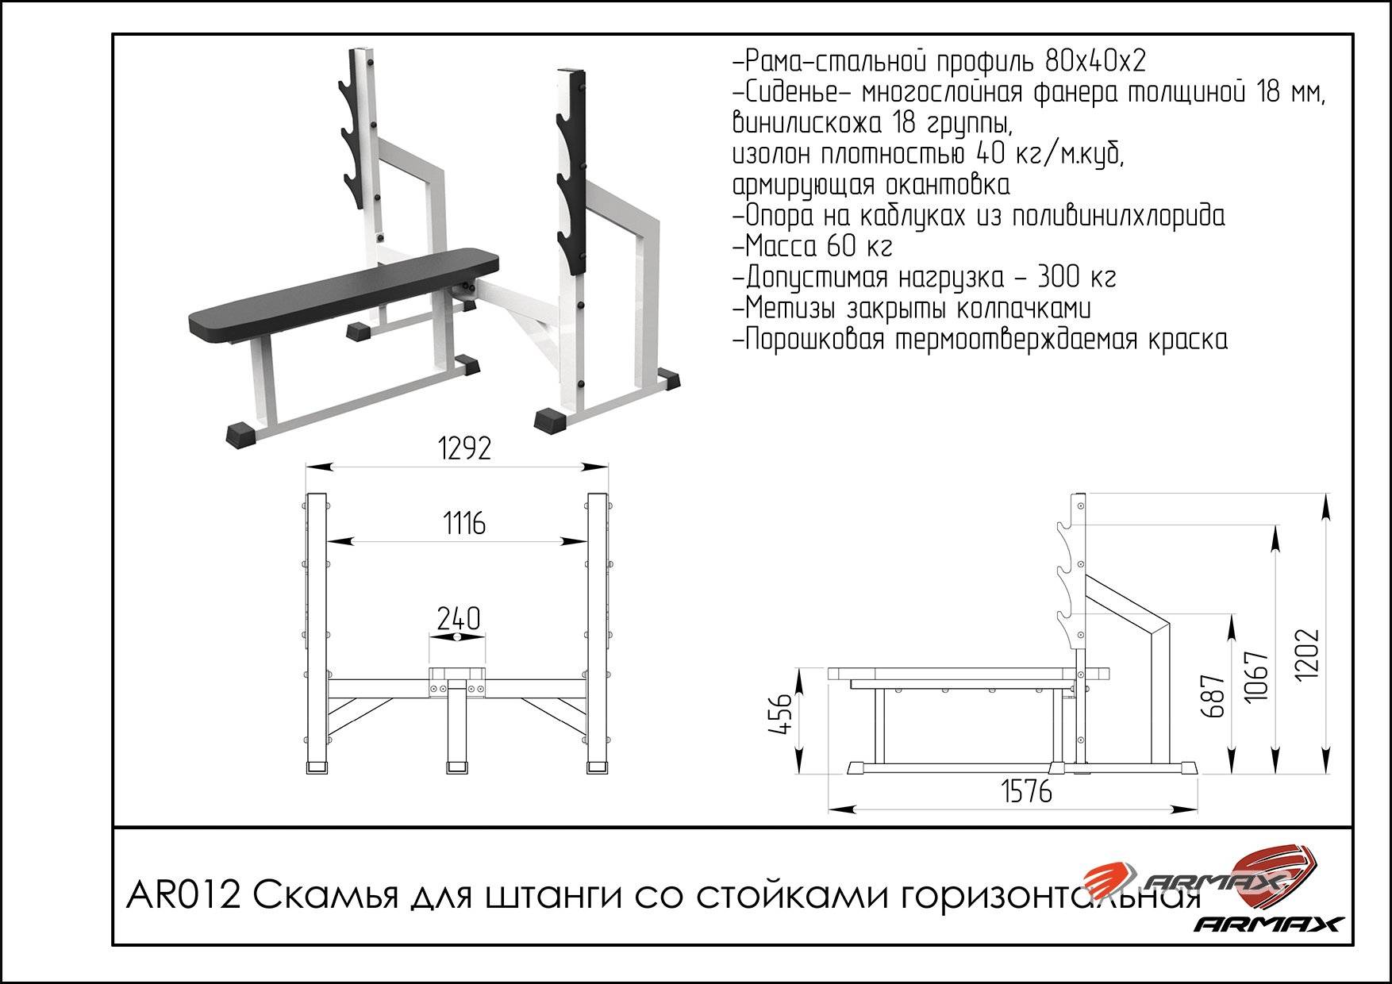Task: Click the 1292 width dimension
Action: pyautogui.click(x=465, y=448)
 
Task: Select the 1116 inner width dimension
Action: pyautogui.click(x=464, y=523)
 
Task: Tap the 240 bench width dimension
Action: pyautogui.click(x=459, y=619)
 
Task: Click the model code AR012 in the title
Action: pyautogui.click(x=183, y=898)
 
